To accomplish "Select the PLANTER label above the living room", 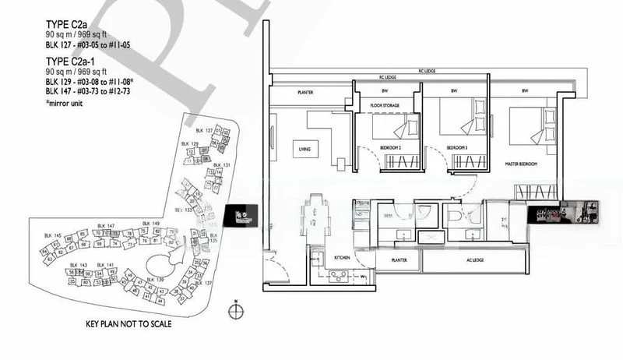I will (x=305, y=92).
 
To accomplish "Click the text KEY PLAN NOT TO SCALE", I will (x=128, y=323).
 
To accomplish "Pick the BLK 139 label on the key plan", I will (x=154, y=279).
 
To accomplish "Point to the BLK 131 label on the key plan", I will (x=222, y=165).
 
